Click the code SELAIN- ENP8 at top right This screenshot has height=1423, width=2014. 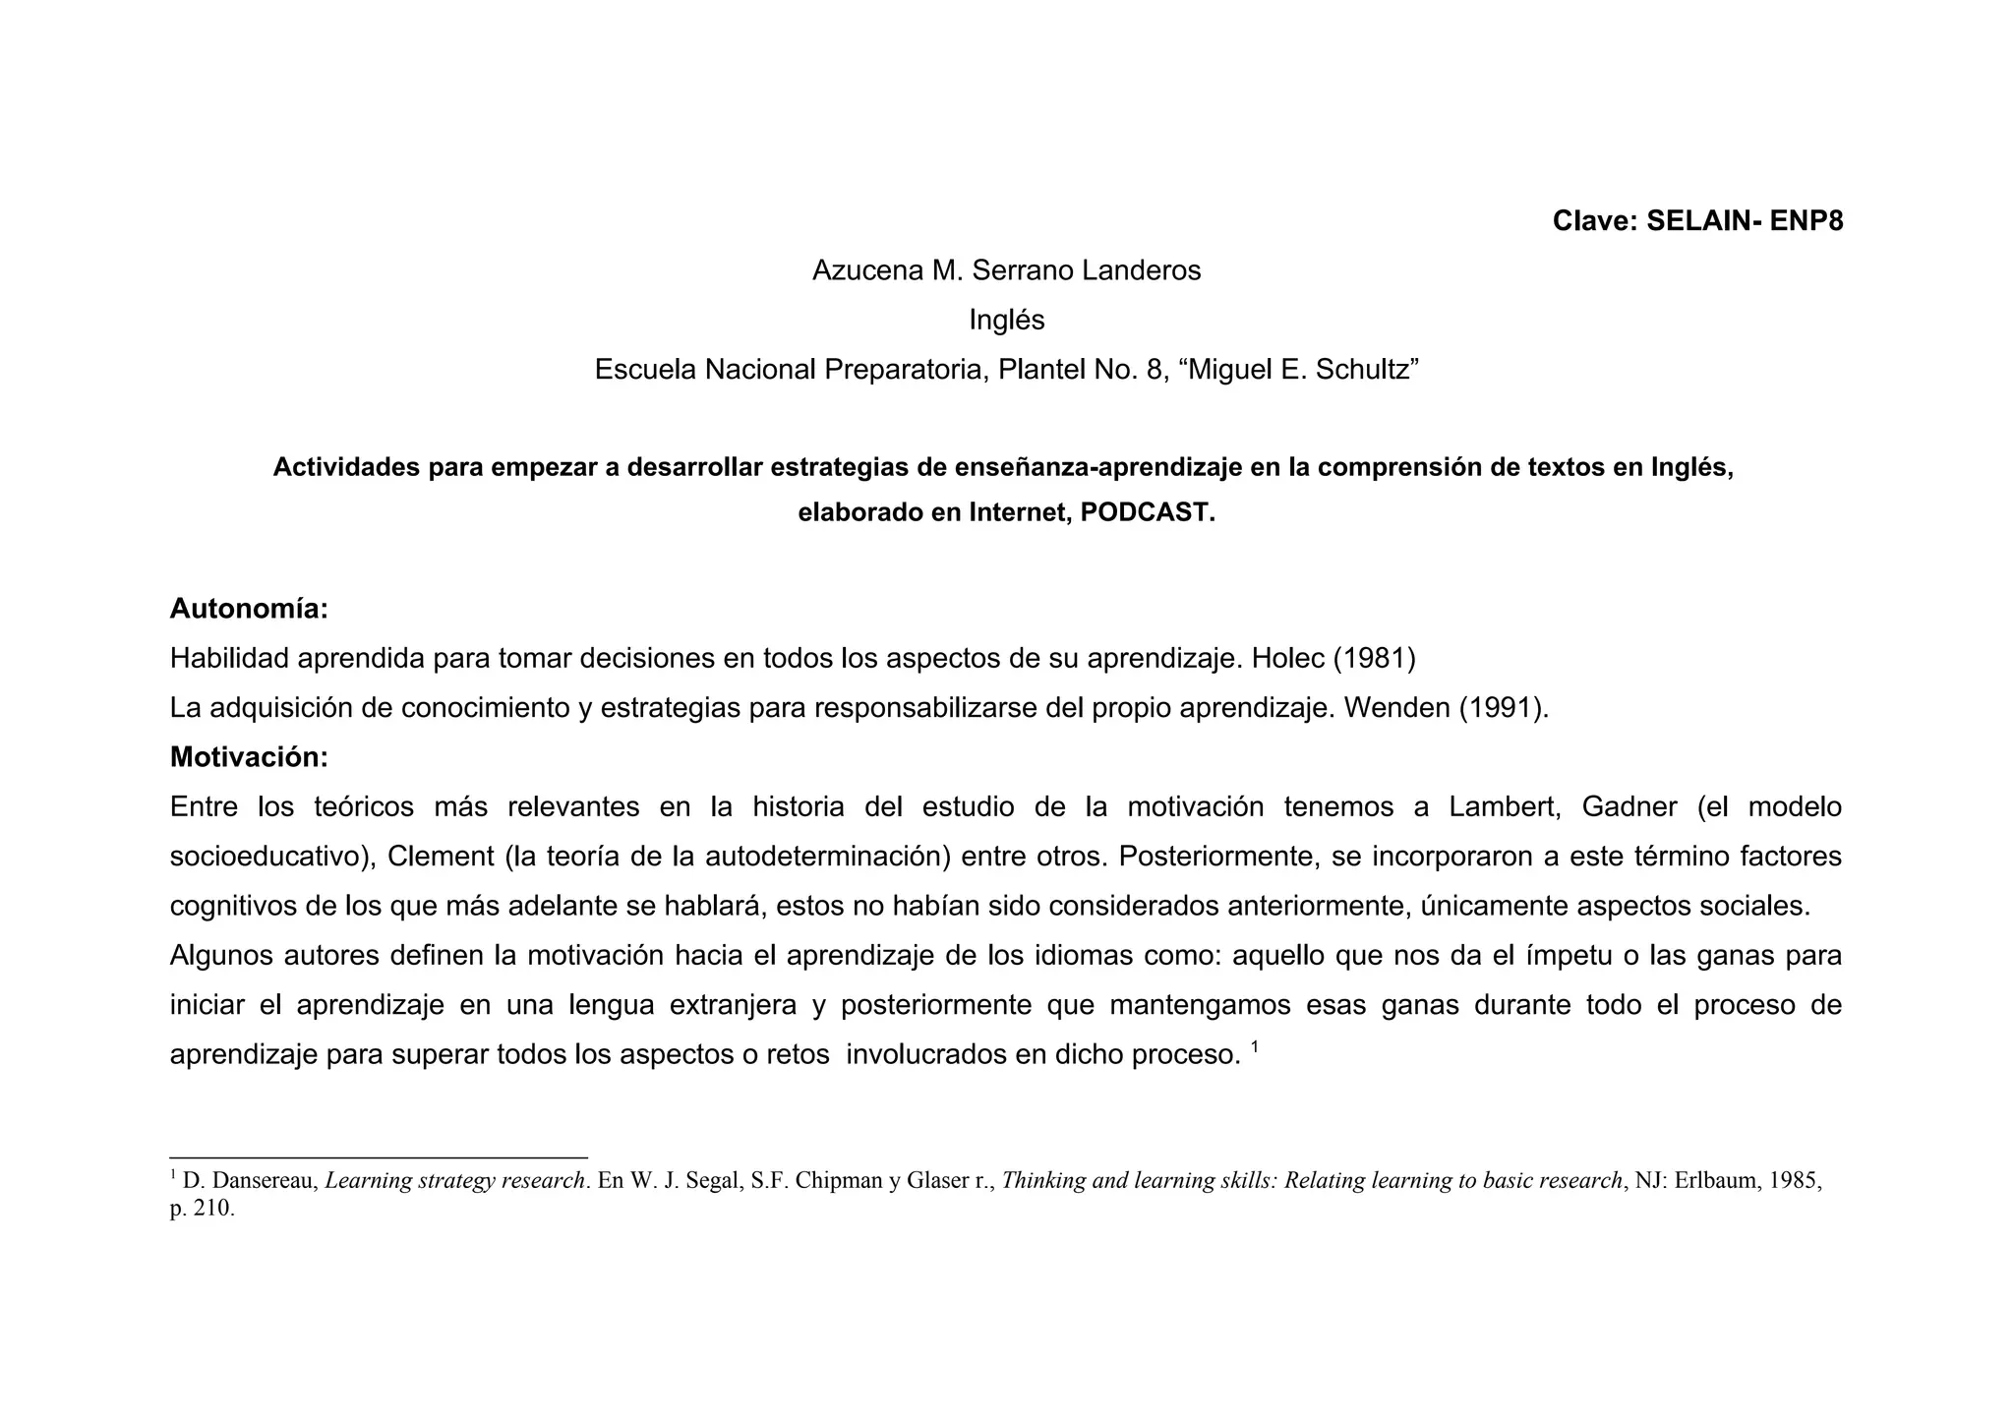click(1745, 221)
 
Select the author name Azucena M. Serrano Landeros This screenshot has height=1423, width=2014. click(1006, 270)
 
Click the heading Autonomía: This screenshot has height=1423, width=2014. click(249, 609)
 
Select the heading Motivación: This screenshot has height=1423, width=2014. click(249, 757)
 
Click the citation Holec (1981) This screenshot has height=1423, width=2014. click(1333, 658)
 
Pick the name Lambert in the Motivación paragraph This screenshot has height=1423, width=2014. click(1504, 807)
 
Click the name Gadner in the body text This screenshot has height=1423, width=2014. click(1629, 807)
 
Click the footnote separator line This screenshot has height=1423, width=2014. click(379, 1158)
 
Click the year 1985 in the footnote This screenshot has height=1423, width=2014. click(1795, 1182)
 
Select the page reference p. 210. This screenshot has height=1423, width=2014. click(202, 1209)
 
